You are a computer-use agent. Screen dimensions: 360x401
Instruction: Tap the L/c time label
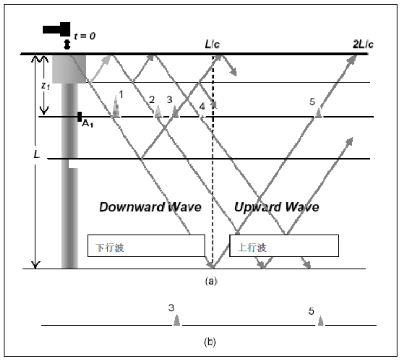(212, 44)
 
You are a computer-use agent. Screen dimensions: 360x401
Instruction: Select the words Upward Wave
(277, 207)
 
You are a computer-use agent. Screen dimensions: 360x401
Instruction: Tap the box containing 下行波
(146, 245)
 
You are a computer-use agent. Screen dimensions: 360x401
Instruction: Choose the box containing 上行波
(284, 245)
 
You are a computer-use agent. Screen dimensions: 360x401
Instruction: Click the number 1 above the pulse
(121, 95)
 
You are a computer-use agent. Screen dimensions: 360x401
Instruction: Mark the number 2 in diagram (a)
(152, 99)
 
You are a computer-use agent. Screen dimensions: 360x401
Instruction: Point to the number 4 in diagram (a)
(201, 105)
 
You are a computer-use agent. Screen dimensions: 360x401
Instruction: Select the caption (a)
(211, 281)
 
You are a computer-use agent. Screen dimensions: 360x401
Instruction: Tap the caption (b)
(211, 342)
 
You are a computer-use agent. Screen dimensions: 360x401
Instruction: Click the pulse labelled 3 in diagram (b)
(176, 321)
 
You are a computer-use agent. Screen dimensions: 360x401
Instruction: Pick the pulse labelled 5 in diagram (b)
(320, 321)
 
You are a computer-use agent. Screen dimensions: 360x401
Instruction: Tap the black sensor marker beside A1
(80, 116)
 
